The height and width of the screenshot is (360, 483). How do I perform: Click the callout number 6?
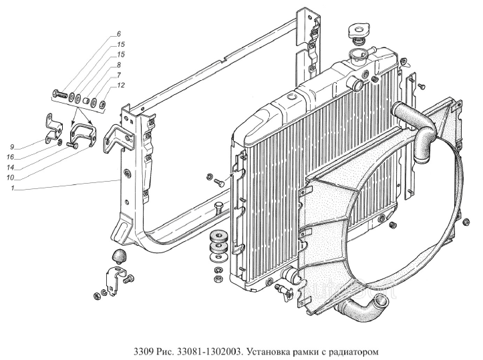(119, 34)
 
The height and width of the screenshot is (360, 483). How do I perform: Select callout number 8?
(119, 65)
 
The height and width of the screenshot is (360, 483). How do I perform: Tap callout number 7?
(119, 75)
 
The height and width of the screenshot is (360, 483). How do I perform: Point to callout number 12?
(121, 85)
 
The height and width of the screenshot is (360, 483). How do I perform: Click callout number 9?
(12, 146)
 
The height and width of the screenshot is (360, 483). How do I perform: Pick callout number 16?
(10, 157)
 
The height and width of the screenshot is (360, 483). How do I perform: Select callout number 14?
(10, 167)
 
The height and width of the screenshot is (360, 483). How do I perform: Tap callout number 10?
(10, 178)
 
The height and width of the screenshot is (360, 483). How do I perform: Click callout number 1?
(12, 188)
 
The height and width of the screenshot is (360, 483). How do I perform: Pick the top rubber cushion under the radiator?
(219, 237)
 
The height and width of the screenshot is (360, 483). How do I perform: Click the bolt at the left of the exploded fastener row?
(61, 93)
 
